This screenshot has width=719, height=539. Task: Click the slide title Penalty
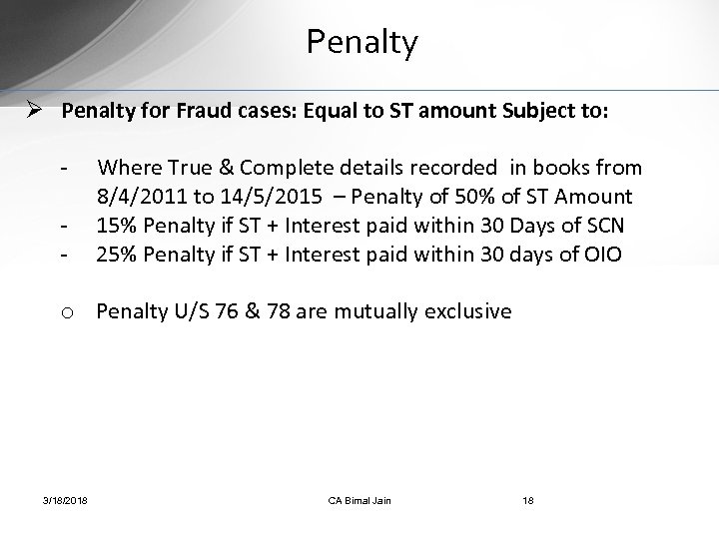[362, 43]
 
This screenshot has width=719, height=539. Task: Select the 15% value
[115, 226]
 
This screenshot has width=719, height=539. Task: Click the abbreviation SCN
[603, 226]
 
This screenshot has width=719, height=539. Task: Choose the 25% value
[115, 255]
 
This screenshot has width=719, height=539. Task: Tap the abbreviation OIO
[602, 255]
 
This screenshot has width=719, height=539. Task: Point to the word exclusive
[462, 311]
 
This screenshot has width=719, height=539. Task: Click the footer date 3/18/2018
[65, 499]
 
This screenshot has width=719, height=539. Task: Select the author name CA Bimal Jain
[359, 499]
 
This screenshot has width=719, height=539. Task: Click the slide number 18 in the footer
[527, 499]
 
